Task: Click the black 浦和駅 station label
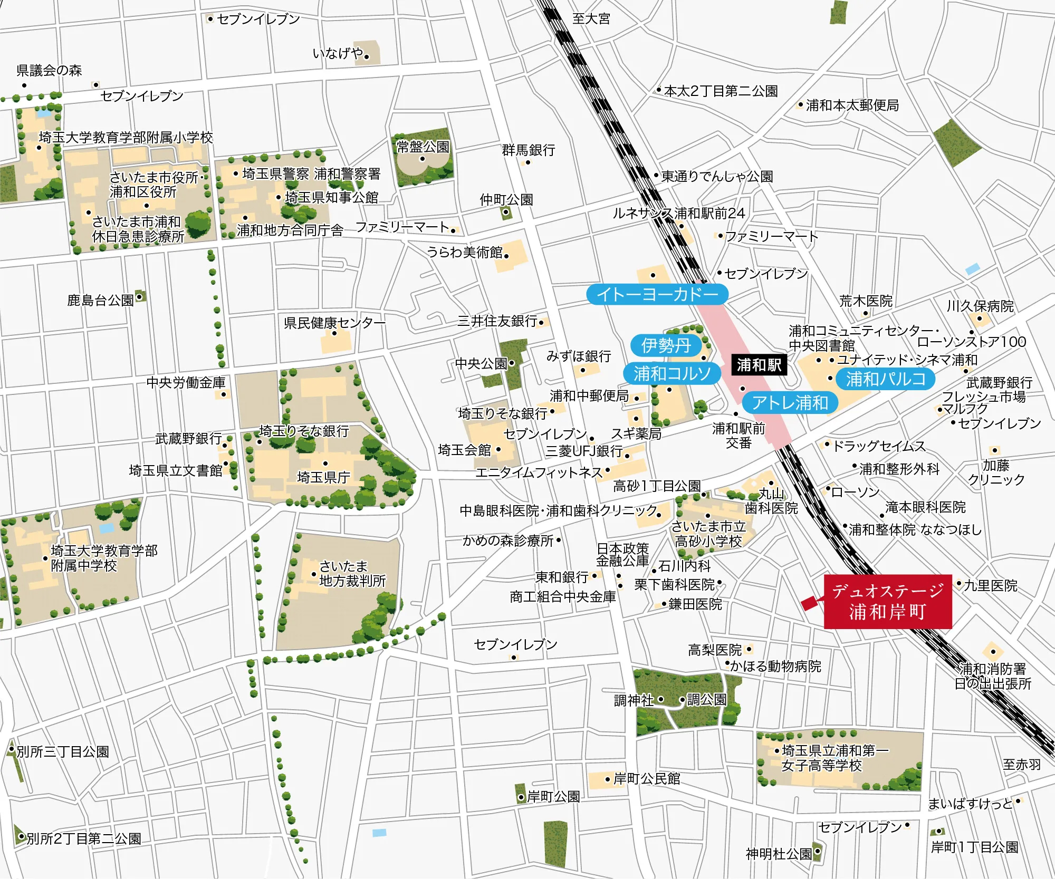coord(759,365)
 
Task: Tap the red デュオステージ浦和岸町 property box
coord(888,602)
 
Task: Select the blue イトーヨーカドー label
coord(657,294)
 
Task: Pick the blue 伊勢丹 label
coord(666,345)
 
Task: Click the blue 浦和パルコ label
coord(886,379)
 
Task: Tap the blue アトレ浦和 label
coord(790,403)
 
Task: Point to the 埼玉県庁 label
coord(323,477)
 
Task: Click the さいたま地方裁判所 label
coord(352,574)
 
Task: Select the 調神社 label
coord(634,700)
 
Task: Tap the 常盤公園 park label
coord(423,147)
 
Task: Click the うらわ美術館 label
coord(465,253)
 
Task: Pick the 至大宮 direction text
coord(591,19)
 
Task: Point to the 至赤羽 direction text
coord(1022,765)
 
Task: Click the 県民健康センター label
coord(334,322)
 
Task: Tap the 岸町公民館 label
coord(647,779)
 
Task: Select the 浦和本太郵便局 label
coord(852,105)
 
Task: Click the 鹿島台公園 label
coord(100,301)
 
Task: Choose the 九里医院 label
coord(991,585)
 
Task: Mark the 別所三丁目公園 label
coord(63,751)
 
